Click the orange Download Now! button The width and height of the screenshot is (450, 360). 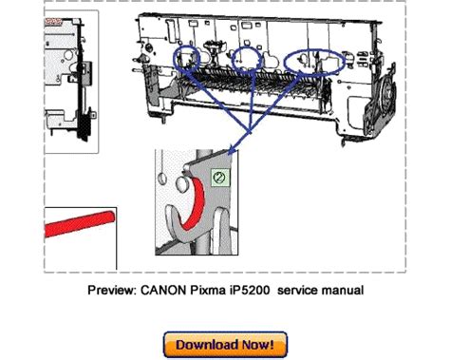[225, 343]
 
